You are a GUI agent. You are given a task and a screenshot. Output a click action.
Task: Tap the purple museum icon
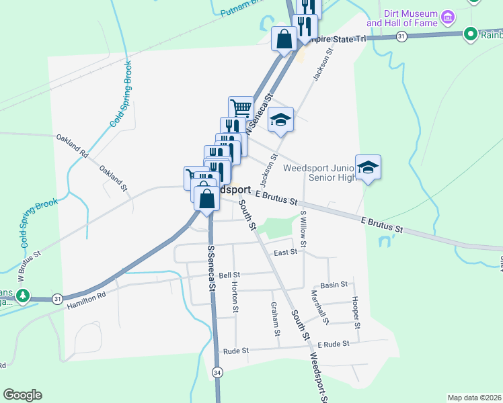coord(447,15)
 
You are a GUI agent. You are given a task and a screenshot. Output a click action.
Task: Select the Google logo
coord(22,395)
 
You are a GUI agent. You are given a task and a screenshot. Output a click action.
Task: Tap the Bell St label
coord(229,275)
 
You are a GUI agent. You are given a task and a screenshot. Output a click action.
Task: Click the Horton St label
coord(235,297)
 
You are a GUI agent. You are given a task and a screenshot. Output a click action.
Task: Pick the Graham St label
coord(276,319)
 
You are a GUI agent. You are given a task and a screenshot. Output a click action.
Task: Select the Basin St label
coord(334,285)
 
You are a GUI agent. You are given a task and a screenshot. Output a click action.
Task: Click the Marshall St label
coord(317,306)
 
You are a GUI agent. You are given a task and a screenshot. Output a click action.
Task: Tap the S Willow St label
coord(303,228)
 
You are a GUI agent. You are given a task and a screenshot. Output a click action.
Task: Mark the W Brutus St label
coord(29,267)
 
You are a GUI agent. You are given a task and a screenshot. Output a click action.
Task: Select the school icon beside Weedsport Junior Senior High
coord(368,167)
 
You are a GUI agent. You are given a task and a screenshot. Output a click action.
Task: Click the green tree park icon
coord(23,295)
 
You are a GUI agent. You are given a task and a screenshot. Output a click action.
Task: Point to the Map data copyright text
coord(475,398)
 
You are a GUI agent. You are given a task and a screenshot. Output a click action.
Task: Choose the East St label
coord(286,253)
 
